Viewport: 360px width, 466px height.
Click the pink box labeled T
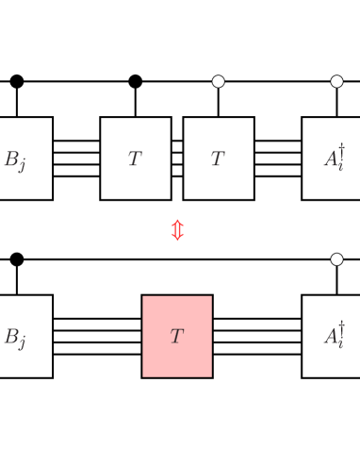click(x=177, y=336)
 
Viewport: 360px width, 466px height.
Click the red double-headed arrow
click(x=177, y=229)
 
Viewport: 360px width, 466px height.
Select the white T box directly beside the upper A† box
click(x=219, y=158)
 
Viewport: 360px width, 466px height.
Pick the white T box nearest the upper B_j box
click(x=136, y=158)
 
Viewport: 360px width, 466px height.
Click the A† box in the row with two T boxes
click(x=332, y=158)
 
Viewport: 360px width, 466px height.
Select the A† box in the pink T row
click(x=332, y=336)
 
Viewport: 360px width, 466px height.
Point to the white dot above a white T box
click(x=219, y=81)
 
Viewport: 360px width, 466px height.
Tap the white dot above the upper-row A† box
click(x=336, y=81)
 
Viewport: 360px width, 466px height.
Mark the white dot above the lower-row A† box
click(x=336, y=258)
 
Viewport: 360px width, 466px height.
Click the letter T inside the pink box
click(x=176, y=337)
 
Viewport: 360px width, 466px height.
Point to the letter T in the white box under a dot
click(x=218, y=159)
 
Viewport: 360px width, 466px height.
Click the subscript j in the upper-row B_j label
click(x=22, y=165)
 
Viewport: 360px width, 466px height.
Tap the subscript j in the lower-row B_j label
click(x=22, y=342)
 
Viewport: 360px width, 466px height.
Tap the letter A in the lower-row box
click(x=330, y=338)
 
